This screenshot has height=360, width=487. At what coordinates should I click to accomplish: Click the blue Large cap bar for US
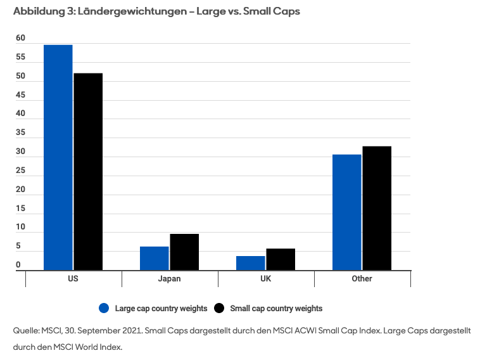pos(58,157)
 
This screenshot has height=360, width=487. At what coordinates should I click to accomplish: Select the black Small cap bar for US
pos(88,172)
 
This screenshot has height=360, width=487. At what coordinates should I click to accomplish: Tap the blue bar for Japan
pos(155,258)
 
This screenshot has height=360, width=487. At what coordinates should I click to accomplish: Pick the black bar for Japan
pos(184,252)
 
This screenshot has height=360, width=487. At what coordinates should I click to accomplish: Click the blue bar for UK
pos(251,263)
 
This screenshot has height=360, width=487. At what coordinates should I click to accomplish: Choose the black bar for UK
pos(281,259)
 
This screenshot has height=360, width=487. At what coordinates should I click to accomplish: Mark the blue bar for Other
pos(347,212)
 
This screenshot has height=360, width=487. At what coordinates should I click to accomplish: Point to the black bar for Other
pos(377,208)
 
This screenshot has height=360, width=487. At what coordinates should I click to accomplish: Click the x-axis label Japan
pos(169,279)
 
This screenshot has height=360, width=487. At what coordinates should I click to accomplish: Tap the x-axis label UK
pos(266,279)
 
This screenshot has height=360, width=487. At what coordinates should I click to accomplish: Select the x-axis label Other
pos(362,279)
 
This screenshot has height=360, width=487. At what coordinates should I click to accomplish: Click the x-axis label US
pos(73,279)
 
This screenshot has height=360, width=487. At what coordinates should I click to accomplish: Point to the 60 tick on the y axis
pos(20,39)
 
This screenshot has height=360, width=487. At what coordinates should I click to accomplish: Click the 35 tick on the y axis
pos(20,133)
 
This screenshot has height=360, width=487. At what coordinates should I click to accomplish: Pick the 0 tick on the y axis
pos(18,265)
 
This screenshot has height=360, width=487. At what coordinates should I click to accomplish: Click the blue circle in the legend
pos(104,308)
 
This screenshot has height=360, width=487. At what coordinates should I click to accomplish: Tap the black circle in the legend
pos(220,308)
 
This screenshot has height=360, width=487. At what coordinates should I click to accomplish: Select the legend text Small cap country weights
pos(276,309)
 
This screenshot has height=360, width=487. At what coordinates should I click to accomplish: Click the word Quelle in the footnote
pos(26,331)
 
